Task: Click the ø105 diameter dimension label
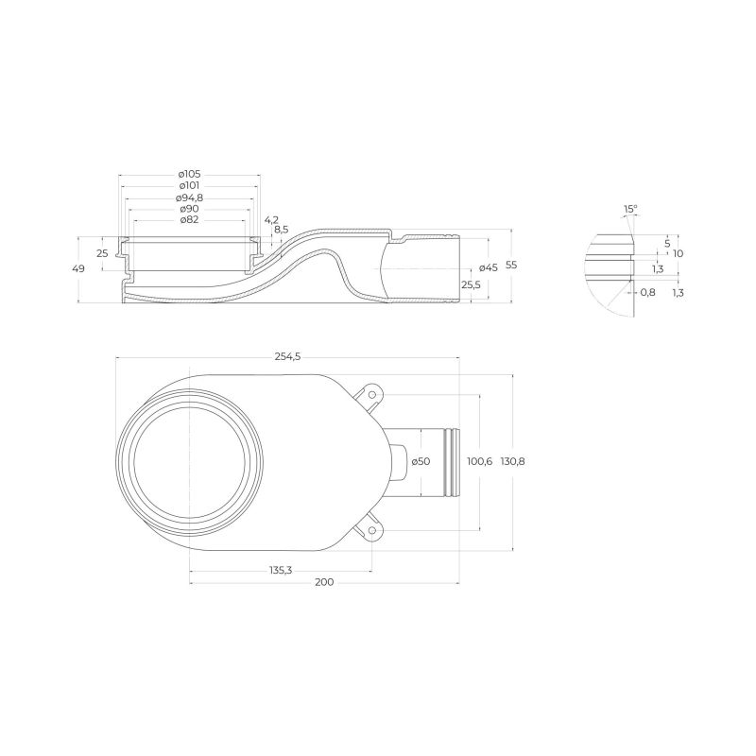(x=189, y=175)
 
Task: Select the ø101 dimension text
(x=189, y=186)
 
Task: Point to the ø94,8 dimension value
(x=189, y=198)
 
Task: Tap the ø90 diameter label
(x=189, y=209)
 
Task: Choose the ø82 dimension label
(x=189, y=220)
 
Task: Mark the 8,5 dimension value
(x=281, y=230)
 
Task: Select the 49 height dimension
(x=78, y=269)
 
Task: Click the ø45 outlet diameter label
(x=488, y=267)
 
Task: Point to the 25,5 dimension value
(x=470, y=284)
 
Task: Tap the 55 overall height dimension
(x=511, y=266)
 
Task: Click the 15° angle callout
(x=630, y=209)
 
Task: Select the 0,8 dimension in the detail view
(x=647, y=292)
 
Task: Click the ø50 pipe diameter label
(x=421, y=461)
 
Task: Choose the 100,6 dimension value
(x=481, y=461)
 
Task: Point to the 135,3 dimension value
(x=281, y=570)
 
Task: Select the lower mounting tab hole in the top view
(x=373, y=532)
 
